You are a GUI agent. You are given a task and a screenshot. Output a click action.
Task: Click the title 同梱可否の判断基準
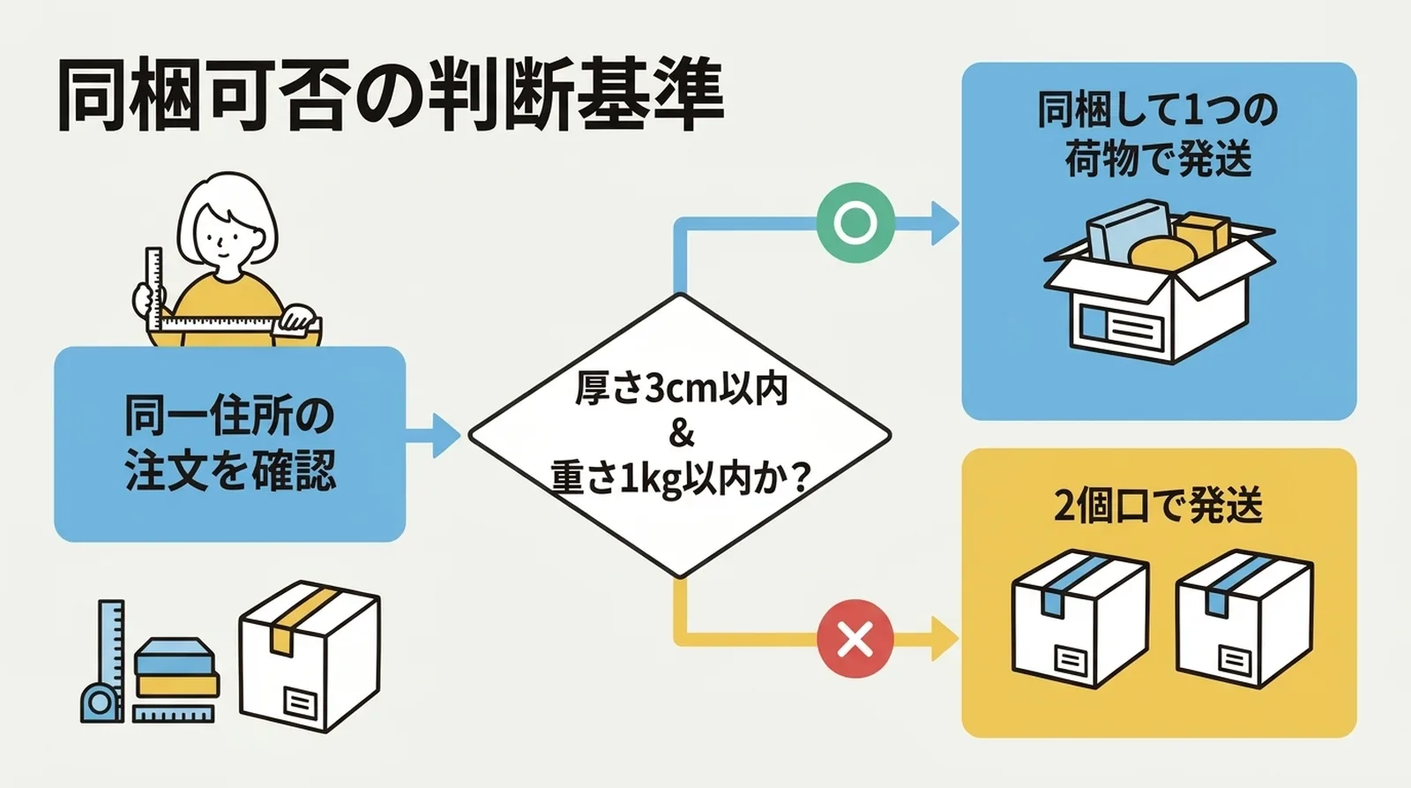point(390,95)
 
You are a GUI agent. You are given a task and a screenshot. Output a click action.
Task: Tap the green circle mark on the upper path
point(855,222)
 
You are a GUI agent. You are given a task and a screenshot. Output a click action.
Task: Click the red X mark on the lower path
point(855,638)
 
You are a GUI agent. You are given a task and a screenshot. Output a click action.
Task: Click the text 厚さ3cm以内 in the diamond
point(680,389)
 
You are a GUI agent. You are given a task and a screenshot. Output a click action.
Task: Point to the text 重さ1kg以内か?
point(680,479)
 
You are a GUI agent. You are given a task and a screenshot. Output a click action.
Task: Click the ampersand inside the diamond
point(681,434)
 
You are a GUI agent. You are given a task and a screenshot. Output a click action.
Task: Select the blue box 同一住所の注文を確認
point(229,444)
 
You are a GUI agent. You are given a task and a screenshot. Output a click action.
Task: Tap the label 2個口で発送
point(1158,505)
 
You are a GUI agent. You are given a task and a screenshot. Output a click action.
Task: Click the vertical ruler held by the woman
point(154,287)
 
